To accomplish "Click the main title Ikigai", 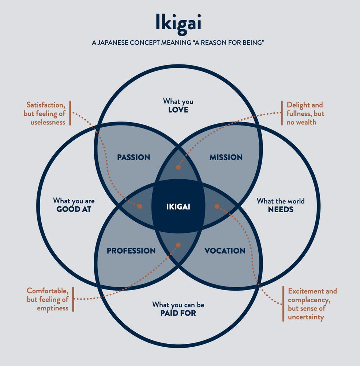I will point(178,23).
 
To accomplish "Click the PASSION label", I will point(134,157).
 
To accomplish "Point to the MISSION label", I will point(226,157).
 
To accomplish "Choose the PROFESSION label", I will point(131,251).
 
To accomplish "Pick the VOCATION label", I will point(225,251).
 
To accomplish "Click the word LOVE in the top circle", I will point(178,109).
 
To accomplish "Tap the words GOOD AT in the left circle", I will point(74,209).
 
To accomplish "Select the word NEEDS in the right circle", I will point(281,210).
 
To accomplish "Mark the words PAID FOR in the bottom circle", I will point(178,313).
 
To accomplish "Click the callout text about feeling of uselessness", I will point(45,113).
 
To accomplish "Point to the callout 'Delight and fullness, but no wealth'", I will point(305,113).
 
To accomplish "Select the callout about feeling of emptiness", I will point(48,299).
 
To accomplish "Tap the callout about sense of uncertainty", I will point(312,304).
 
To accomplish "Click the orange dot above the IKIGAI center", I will point(178,167).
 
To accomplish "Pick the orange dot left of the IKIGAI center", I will point(139,206).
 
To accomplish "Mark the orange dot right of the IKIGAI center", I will point(217,206).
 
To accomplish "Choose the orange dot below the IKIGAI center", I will point(178,245).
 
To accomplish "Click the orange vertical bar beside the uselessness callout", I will point(70,113).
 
